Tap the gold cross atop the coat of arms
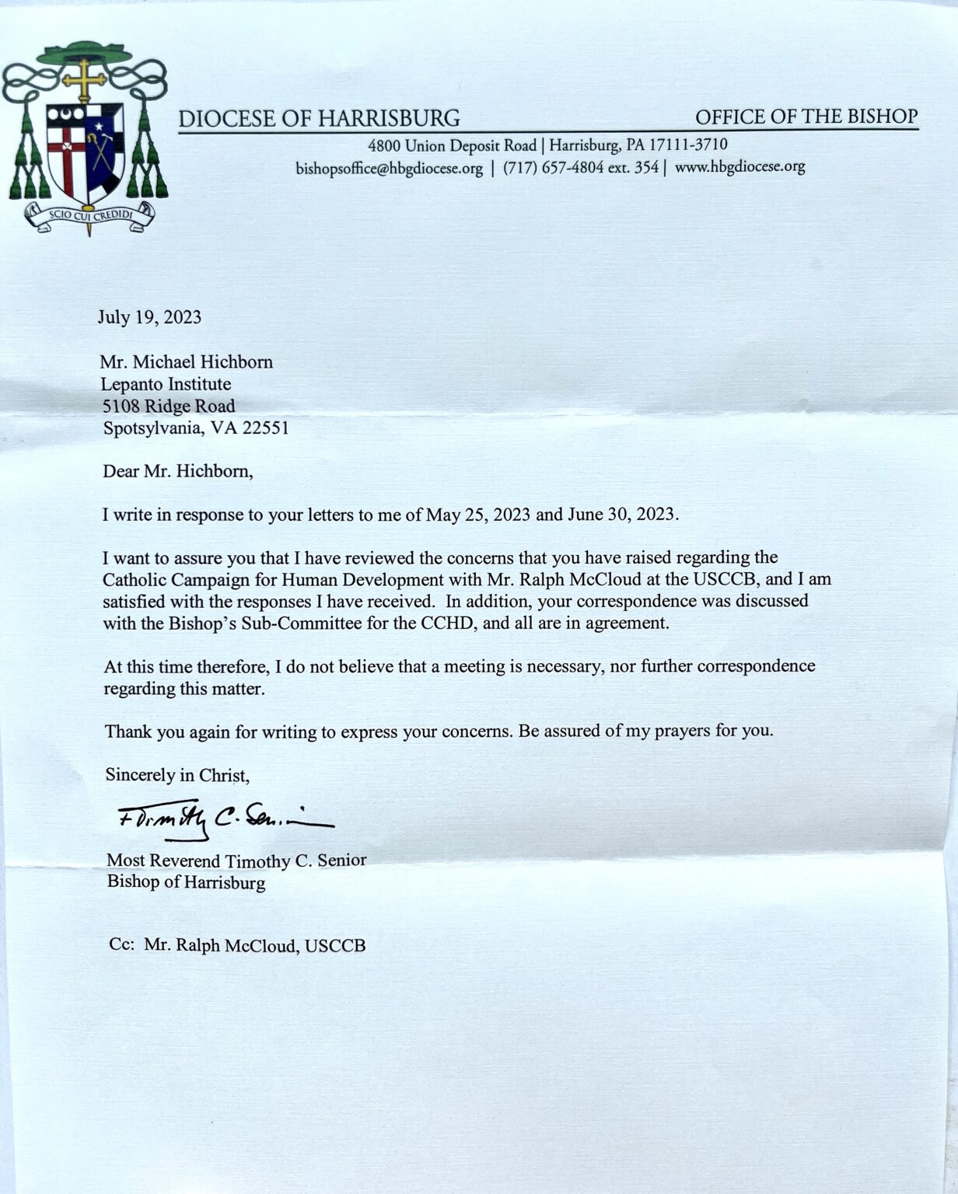pos(84,81)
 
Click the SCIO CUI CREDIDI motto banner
pos(88,216)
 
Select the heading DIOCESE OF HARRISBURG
pos(319,118)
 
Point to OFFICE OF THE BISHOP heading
pos(806,117)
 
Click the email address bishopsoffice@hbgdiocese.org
pos(389,168)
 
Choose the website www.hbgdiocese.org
pos(739,166)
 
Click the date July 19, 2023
pos(149,317)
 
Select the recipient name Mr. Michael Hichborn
pos(187,362)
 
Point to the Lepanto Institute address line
pos(166,384)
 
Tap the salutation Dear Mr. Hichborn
pos(178,471)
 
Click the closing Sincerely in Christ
pos(177,775)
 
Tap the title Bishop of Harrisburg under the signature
pos(186,883)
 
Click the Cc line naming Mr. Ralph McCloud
pos(237,946)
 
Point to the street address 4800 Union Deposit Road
pos(453,145)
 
